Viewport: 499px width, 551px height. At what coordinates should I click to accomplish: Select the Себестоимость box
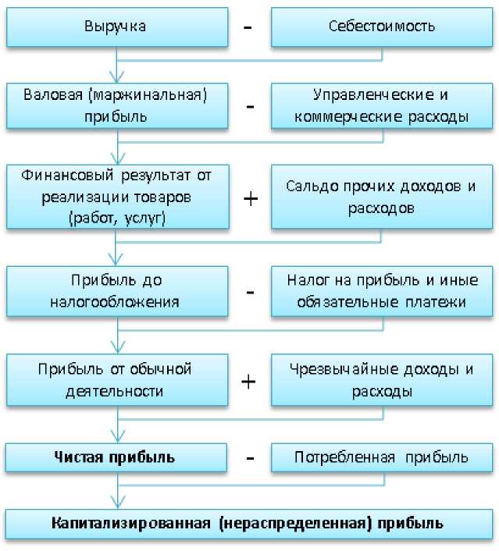(x=382, y=27)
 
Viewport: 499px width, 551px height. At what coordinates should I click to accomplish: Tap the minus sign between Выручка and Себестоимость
(x=249, y=27)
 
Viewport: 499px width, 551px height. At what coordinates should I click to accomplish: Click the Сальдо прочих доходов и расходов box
(x=382, y=197)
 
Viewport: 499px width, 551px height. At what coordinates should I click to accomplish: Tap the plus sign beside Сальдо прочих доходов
(x=250, y=198)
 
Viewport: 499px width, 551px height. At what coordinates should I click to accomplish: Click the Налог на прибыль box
(x=382, y=291)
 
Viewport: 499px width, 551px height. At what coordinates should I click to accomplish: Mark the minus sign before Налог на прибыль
(x=250, y=293)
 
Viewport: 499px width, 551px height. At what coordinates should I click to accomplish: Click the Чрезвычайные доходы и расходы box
(x=382, y=380)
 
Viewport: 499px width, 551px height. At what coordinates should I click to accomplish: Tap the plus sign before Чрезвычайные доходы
(x=249, y=382)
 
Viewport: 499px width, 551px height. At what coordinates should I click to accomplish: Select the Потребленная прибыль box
(x=382, y=457)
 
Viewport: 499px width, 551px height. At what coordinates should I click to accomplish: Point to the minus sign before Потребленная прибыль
(x=250, y=458)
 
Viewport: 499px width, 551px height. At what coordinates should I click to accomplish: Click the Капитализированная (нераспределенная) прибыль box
(x=249, y=524)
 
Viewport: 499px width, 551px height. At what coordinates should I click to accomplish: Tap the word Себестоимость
(x=382, y=27)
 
